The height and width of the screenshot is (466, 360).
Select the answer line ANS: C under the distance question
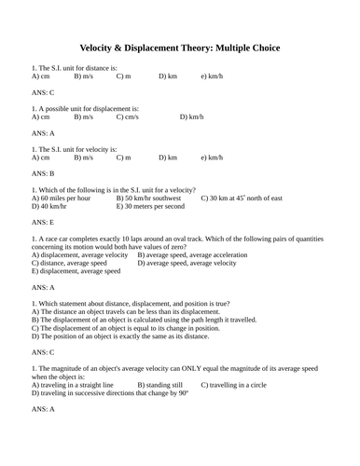(x=43, y=93)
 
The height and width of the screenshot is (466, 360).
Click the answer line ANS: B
(x=43, y=173)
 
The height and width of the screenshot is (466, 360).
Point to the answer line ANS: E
(x=43, y=224)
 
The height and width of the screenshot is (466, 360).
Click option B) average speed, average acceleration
(x=196, y=255)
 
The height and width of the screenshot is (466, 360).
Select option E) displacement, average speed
(x=76, y=271)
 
